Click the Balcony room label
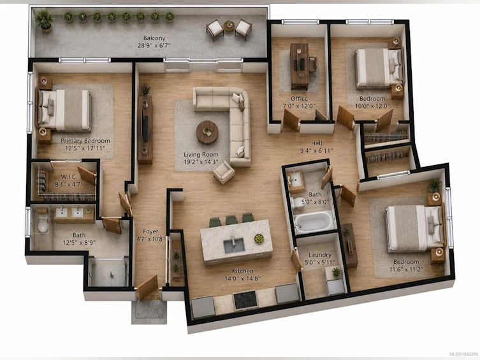point(154,38)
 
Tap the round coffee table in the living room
point(207,132)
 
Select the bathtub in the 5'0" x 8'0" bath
point(313,222)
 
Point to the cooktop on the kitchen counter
point(245,299)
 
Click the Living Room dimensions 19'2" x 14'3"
point(201,162)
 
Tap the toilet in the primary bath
point(43,224)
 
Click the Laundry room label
point(319,254)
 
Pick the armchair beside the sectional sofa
point(224,173)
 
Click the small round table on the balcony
point(229,25)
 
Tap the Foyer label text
point(150,231)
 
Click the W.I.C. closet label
point(69,176)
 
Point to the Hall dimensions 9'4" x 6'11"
point(317,150)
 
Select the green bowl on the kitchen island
point(259,238)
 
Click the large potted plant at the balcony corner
point(45,20)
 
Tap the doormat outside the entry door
point(149,312)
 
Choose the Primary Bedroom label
point(85,141)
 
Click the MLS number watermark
point(463,354)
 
